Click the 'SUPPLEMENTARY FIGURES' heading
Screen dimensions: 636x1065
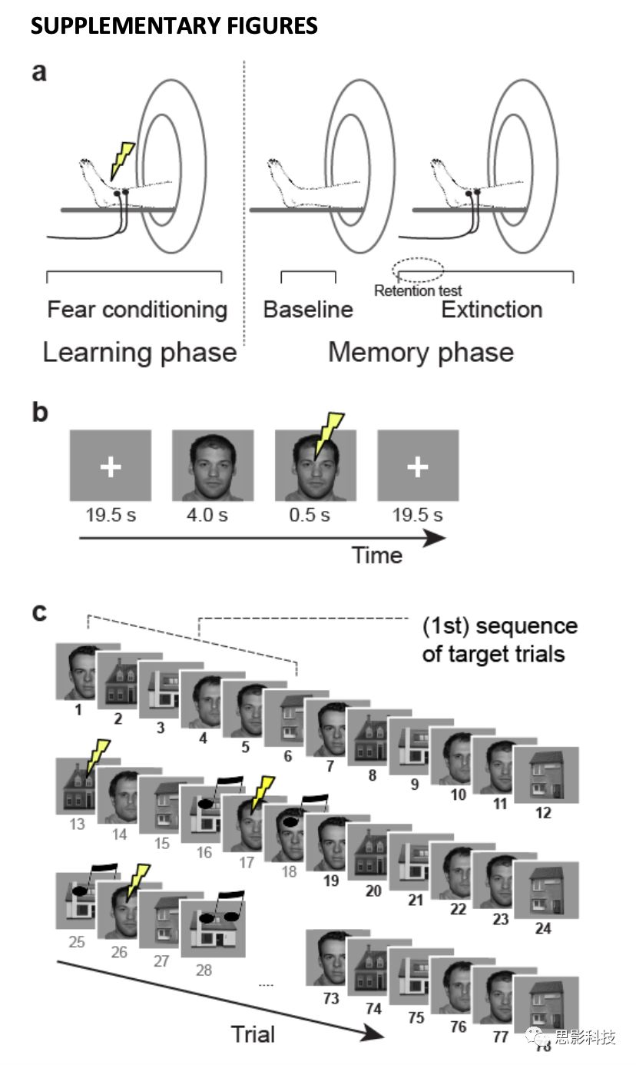point(174,25)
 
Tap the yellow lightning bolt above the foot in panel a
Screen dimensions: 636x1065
point(122,161)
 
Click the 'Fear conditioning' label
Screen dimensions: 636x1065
point(137,310)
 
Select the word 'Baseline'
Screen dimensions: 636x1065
point(308,310)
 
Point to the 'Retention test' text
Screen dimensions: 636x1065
point(418,290)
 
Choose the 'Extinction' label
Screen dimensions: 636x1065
point(492,310)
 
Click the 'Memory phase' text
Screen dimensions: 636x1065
point(421,353)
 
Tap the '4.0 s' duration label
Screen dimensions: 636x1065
point(207,515)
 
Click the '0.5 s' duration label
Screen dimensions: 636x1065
point(310,515)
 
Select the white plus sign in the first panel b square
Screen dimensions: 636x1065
point(111,466)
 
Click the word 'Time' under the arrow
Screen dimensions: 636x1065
point(377,556)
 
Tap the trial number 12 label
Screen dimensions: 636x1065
point(543,812)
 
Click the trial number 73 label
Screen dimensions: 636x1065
point(331,998)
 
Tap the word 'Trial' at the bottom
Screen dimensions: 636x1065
point(253,1034)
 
